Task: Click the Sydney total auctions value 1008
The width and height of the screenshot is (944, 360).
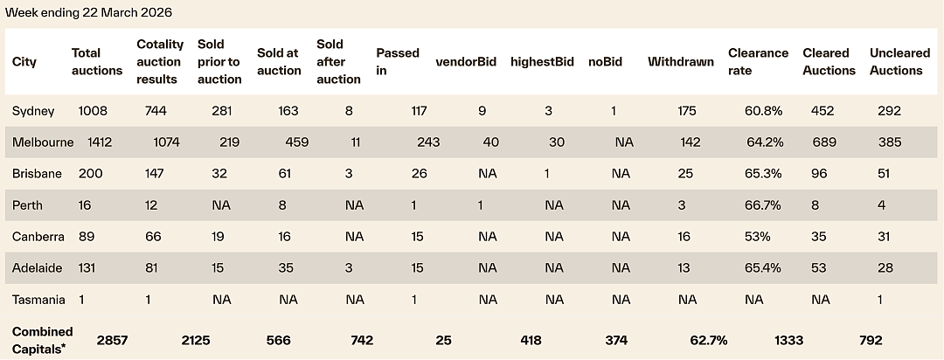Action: pos(90,111)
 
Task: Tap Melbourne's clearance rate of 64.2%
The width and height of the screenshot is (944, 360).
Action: pos(765,142)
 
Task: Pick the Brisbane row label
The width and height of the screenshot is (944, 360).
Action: pos(37,174)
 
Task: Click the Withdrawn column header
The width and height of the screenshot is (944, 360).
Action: pos(681,61)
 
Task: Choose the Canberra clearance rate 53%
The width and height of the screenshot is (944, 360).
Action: pos(757,237)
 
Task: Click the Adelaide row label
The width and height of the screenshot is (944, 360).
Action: pos(37,268)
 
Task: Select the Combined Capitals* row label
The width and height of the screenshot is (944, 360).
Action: pos(42,340)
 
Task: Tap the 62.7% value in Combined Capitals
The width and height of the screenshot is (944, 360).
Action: pos(709,341)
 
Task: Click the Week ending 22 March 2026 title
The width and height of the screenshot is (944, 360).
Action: pos(88,12)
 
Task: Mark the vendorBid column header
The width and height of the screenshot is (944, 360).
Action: pos(466,61)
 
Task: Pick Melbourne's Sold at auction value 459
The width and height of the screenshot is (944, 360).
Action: pos(297,142)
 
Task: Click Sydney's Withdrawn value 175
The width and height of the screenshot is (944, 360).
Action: pos(686,111)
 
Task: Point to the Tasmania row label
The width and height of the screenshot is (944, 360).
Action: pos(38,299)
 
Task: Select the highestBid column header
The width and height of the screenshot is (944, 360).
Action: pos(542,61)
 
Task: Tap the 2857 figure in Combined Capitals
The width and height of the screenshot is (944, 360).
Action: pos(112,341)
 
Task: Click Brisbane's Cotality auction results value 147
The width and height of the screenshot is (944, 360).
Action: pos(154,174)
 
